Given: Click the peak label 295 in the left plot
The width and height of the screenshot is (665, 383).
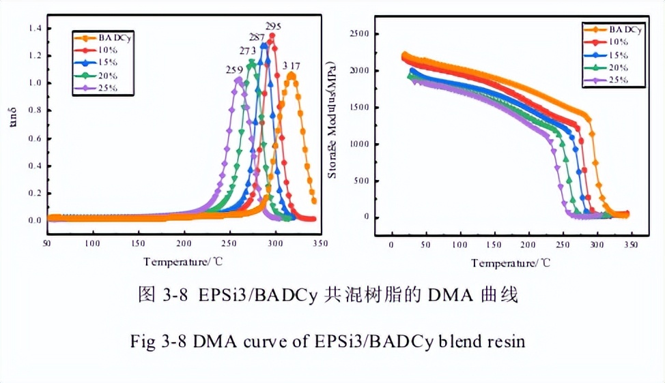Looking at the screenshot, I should (x=273, y=27).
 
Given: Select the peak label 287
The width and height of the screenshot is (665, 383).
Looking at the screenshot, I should (x=257, y=37).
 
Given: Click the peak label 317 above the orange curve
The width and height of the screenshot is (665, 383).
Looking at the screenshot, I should (x=292, y=66).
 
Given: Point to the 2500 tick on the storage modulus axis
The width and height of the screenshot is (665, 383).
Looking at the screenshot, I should (x=358, y=34).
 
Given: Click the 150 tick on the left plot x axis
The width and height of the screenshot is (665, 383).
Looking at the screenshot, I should (x=139, y=243).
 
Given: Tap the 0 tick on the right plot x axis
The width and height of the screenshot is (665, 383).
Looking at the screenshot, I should (x=391, y=244).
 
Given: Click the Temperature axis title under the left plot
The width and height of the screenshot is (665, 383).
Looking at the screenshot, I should (x=183, y=261).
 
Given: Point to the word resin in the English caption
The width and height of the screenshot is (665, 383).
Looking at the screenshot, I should (x=505, y=341).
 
